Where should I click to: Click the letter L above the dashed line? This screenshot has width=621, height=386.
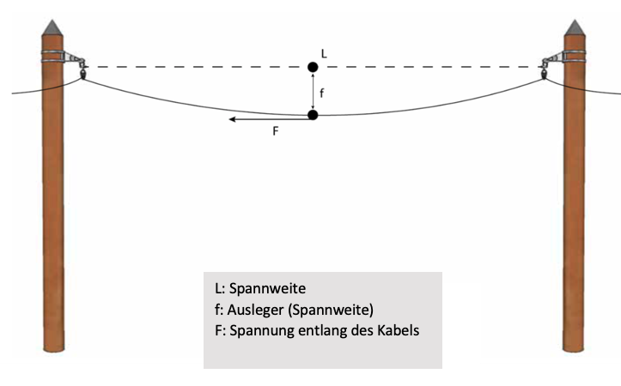coord(324,53)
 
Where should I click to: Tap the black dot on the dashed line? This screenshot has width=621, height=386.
coord(313,67)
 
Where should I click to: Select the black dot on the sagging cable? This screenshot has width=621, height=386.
coord(313,115)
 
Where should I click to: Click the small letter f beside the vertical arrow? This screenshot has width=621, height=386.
coord(323,90)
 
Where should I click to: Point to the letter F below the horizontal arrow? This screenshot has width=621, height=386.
coord(276,132)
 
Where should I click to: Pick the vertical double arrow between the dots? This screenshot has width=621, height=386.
coord(313,91)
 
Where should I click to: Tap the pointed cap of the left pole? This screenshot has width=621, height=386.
coord(53,27)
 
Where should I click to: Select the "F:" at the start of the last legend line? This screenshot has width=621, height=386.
coord(219,330)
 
